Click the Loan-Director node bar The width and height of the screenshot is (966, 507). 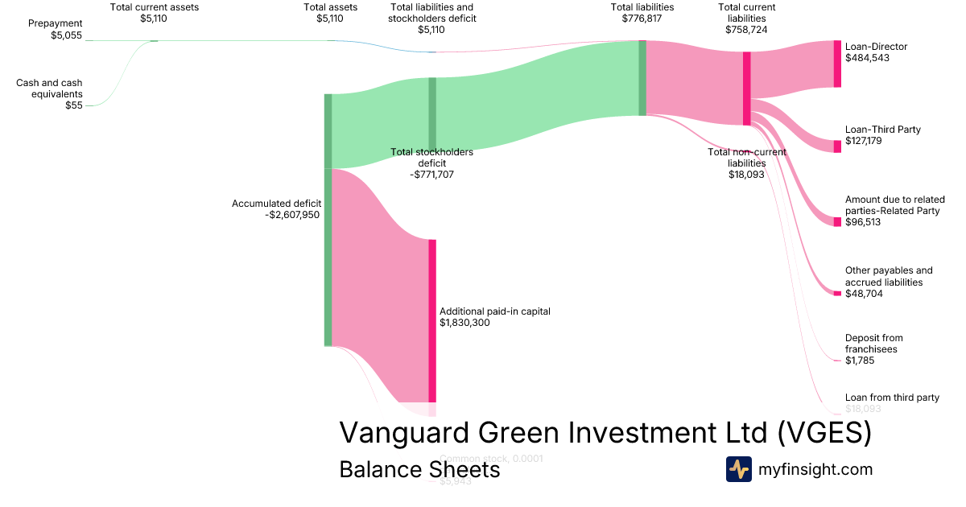837,64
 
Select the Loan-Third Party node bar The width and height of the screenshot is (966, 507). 837,146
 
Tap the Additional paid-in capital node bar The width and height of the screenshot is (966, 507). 432,320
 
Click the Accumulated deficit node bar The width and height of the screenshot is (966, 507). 328,220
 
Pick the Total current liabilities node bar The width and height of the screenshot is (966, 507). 747,89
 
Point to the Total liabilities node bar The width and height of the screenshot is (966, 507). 642,77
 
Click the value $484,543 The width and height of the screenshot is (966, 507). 867,58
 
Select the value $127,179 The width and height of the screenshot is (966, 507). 867,141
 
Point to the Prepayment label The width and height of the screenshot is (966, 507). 55,24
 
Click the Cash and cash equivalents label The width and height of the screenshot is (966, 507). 49,88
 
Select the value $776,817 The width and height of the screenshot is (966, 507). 642,19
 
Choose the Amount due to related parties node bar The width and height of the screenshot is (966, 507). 837,221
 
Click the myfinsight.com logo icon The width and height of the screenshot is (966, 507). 738,469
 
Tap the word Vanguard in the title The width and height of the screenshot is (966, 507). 406,432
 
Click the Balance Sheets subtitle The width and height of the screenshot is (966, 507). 419,469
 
